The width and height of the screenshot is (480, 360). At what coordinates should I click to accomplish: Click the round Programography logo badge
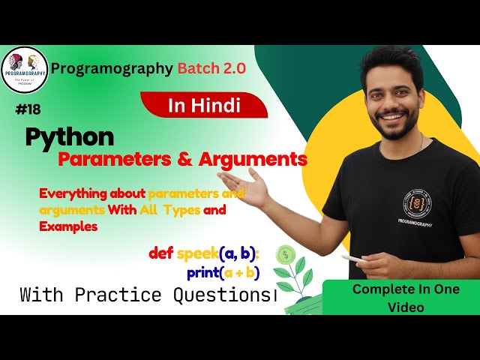tap(25, 70)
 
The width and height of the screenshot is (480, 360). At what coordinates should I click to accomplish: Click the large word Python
tap(70, 136)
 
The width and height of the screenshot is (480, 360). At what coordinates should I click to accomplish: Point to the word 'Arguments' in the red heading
tap(256, 159)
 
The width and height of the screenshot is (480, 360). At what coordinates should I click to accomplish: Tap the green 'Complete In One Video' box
tap(401, 298)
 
